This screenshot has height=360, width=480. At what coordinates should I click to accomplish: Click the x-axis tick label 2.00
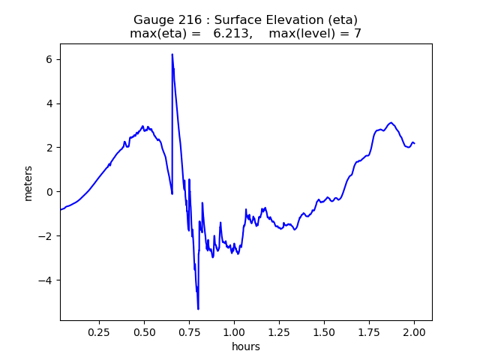(414, 331)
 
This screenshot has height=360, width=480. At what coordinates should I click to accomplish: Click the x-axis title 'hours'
(246, 346)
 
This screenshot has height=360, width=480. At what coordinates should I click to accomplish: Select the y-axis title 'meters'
(28, 182)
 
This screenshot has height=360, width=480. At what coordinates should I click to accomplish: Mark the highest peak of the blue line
(172, 54)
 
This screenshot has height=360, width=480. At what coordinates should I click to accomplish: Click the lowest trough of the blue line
(198, 309)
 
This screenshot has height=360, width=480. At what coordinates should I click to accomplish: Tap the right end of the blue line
(414, 143)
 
